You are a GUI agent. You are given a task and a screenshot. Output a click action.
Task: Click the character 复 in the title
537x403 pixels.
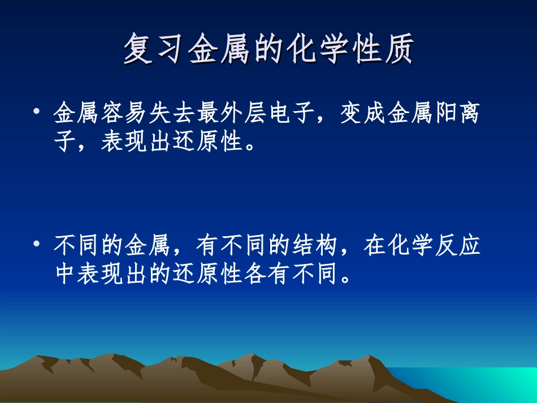(138, 49)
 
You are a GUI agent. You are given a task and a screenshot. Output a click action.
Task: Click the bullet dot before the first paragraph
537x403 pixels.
(37, 113)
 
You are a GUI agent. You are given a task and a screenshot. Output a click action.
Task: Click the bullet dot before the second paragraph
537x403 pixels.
(37, 245)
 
